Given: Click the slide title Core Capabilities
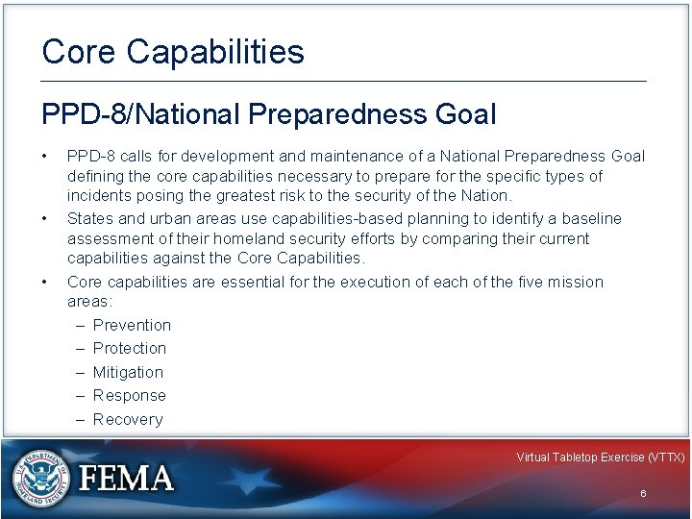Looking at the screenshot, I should pos(173,52).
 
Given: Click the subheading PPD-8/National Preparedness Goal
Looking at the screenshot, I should pos(269,115).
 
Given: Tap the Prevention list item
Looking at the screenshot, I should pos(132,325).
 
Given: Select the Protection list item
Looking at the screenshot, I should pos(130,348).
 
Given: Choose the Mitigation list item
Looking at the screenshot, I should pos(128,372).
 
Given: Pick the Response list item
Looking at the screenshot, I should pos(130,395).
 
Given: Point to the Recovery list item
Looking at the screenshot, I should pos(128,419).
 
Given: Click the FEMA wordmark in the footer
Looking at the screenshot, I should pos(127,478).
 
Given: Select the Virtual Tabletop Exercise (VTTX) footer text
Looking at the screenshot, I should pos(600,457).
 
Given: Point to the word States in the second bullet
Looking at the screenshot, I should pos(88,219).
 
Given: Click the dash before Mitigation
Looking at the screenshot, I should pos(79,372).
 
